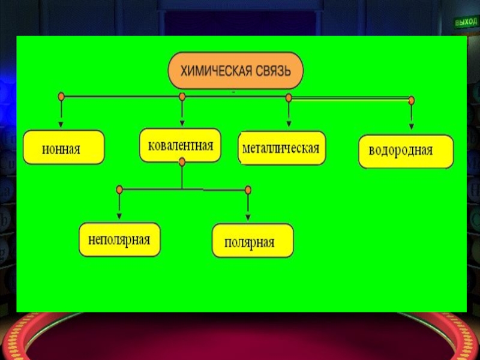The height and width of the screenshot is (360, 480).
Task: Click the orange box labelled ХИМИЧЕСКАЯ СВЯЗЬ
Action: point(236,71)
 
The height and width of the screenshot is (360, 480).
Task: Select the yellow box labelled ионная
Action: point(64,148)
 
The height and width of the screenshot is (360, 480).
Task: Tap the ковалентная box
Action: point(181,145)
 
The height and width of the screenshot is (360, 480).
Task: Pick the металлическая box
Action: point(282,148)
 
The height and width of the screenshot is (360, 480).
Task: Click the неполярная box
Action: point(119,239)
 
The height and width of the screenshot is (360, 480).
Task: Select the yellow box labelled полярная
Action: point(253,241)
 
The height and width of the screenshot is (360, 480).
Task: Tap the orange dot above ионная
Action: point(61,96)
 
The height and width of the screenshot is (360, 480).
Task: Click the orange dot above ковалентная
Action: point(182,96)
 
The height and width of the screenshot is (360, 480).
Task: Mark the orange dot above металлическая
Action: point(289,97)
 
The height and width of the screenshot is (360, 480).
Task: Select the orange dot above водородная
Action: point(411,100)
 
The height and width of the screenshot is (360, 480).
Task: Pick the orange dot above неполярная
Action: point(119,190)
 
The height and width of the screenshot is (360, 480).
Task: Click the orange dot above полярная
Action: point(248,190)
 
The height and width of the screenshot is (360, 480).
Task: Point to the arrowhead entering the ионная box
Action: point(61,124)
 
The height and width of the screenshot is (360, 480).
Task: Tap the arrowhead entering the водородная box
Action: point(411,127)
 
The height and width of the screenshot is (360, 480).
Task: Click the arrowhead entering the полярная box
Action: point(248,217)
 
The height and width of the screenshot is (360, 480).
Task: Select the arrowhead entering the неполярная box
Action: point(119,216)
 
